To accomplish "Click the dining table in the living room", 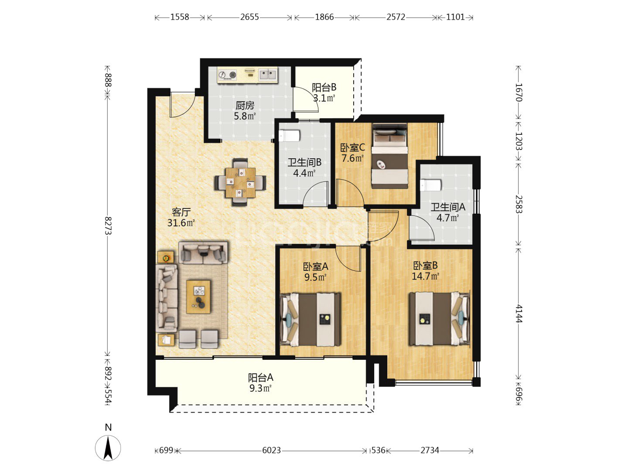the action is [240, 183].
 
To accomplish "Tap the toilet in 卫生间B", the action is [289, 136].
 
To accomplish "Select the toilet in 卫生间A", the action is [430, 185].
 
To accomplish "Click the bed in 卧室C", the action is [390, 156].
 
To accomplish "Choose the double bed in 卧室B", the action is [440, 318].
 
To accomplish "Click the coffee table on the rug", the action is [198, 297].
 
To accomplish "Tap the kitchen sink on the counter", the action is [268, 75].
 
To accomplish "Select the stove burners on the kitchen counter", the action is [228, 75].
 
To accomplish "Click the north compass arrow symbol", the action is [108, 448].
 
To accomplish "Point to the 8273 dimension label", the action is [108, 225].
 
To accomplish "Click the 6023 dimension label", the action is [271, 451].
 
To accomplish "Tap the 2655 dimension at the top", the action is [249, 17].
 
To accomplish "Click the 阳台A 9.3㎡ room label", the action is [260, 382].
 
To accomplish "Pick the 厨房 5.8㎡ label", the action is [245, 111].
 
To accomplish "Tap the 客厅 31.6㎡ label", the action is [181, 217].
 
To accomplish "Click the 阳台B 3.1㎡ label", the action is [324, 92].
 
